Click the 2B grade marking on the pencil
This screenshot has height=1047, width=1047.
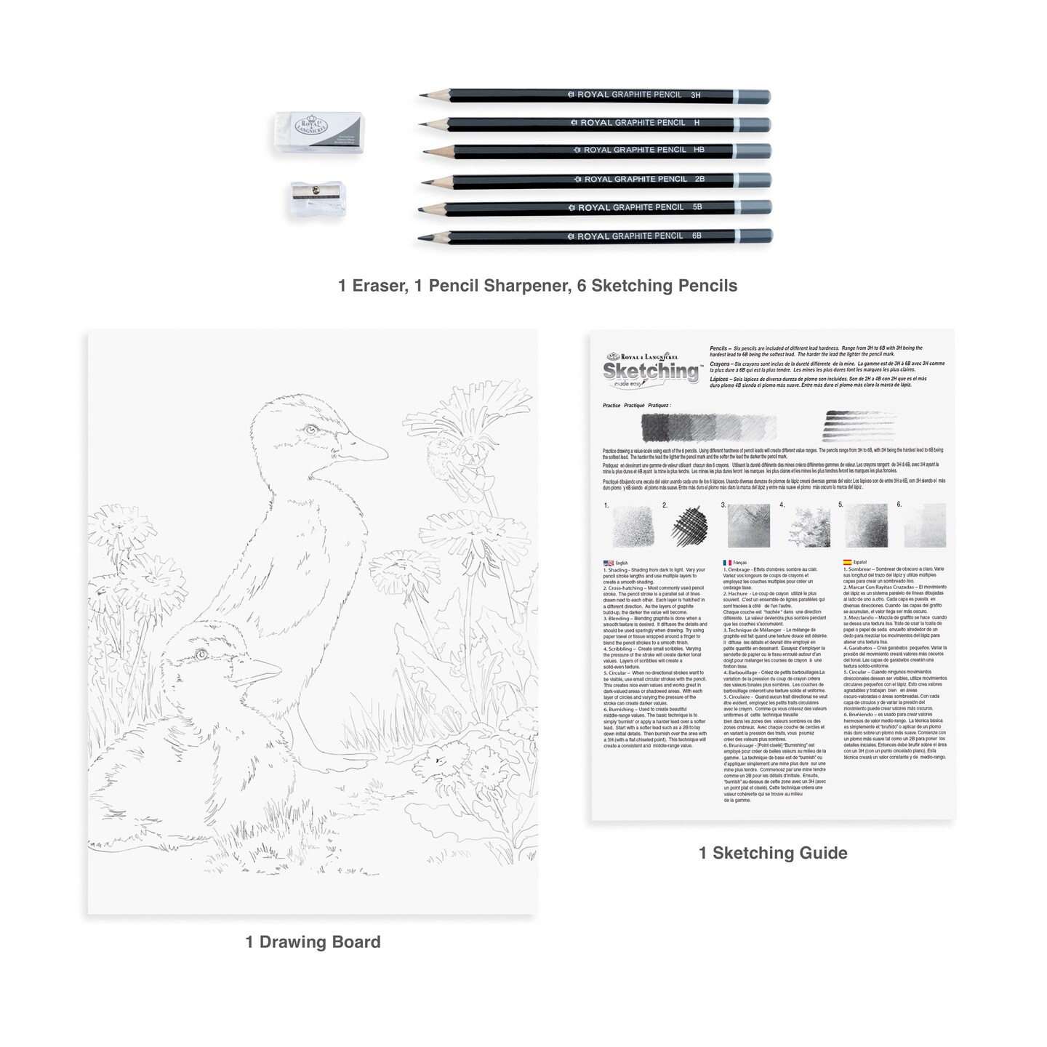tap(699, 179)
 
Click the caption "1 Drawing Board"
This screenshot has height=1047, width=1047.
tap(313, 942)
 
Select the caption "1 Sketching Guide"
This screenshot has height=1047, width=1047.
tap(773, 853)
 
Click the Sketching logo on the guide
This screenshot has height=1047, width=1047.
tap(650, 370)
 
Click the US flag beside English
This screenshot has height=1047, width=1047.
tap(608, 563)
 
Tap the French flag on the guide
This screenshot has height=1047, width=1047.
tap(727, 563)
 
